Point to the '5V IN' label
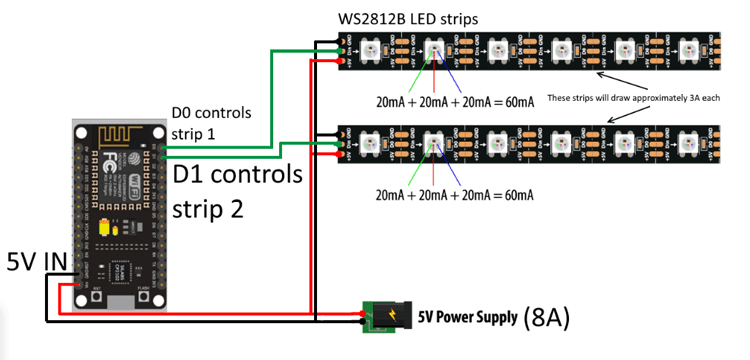tap(39, 262)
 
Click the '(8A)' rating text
tap(546, 317)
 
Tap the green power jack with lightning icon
tap(379, 316)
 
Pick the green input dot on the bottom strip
tap(342, 143)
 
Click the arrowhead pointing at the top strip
tap(597, 73)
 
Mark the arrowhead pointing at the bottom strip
tap(597, 123)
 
